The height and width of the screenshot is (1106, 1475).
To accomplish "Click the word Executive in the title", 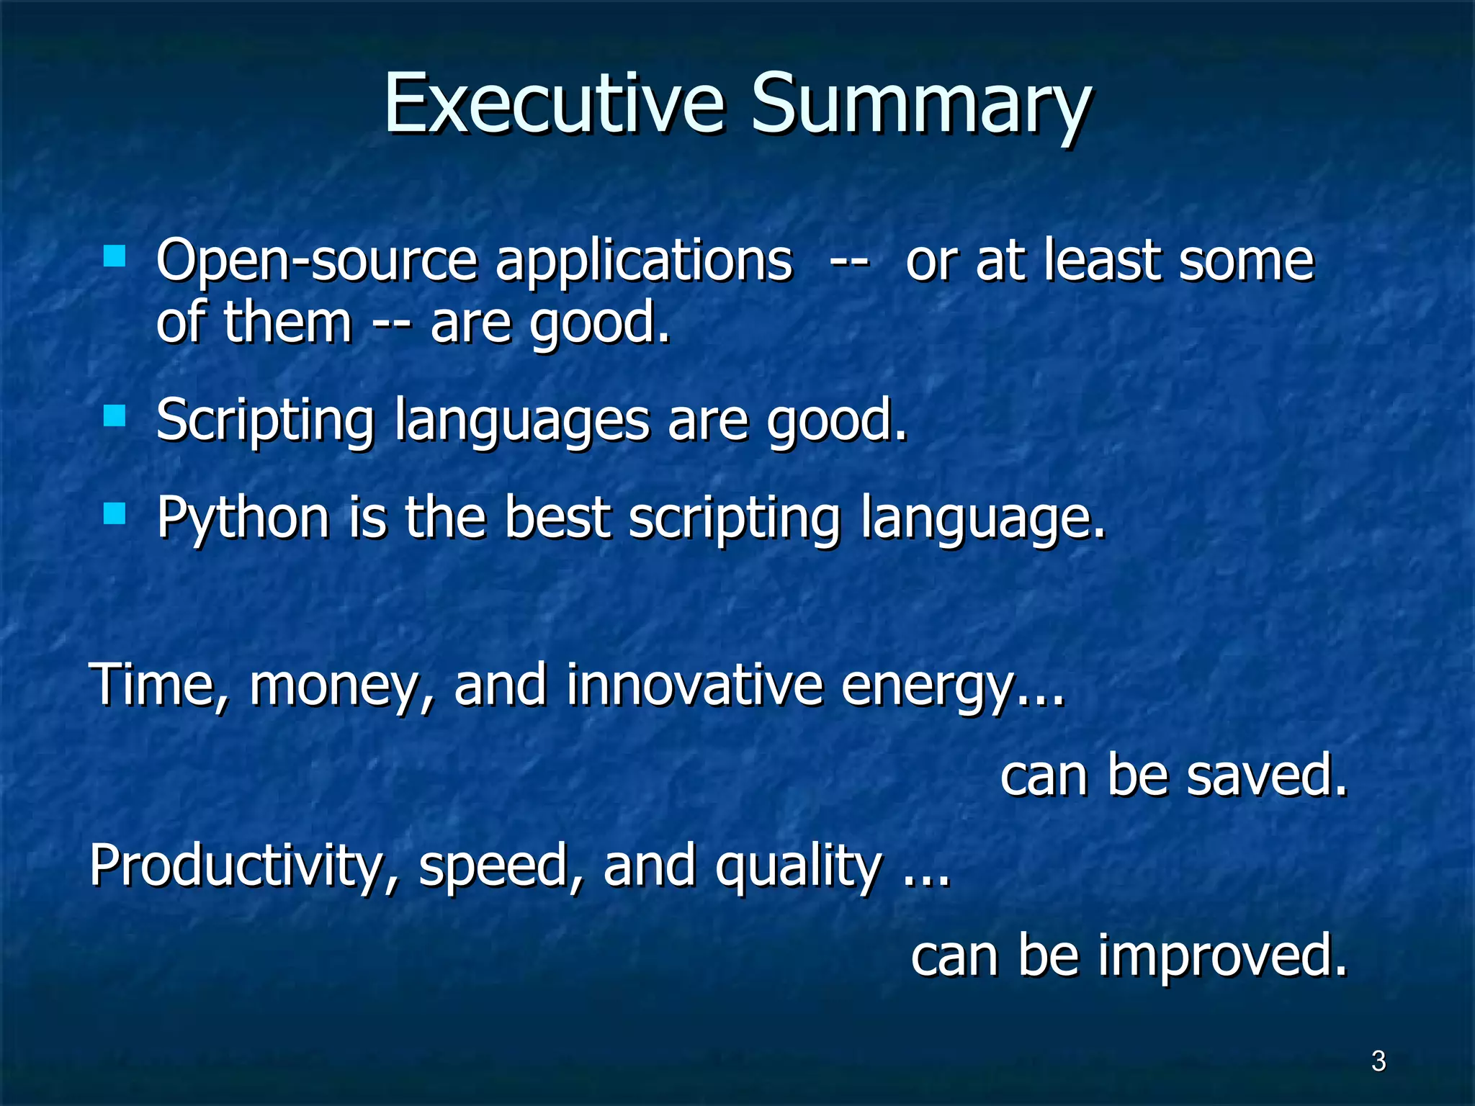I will (553, 104).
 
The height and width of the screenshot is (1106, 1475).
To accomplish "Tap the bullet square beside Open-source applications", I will (115, 256).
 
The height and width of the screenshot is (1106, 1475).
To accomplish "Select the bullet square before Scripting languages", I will (115, 416).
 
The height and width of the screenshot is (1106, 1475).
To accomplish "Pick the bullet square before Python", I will (115, 514).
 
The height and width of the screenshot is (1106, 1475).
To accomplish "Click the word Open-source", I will (317, 261).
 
